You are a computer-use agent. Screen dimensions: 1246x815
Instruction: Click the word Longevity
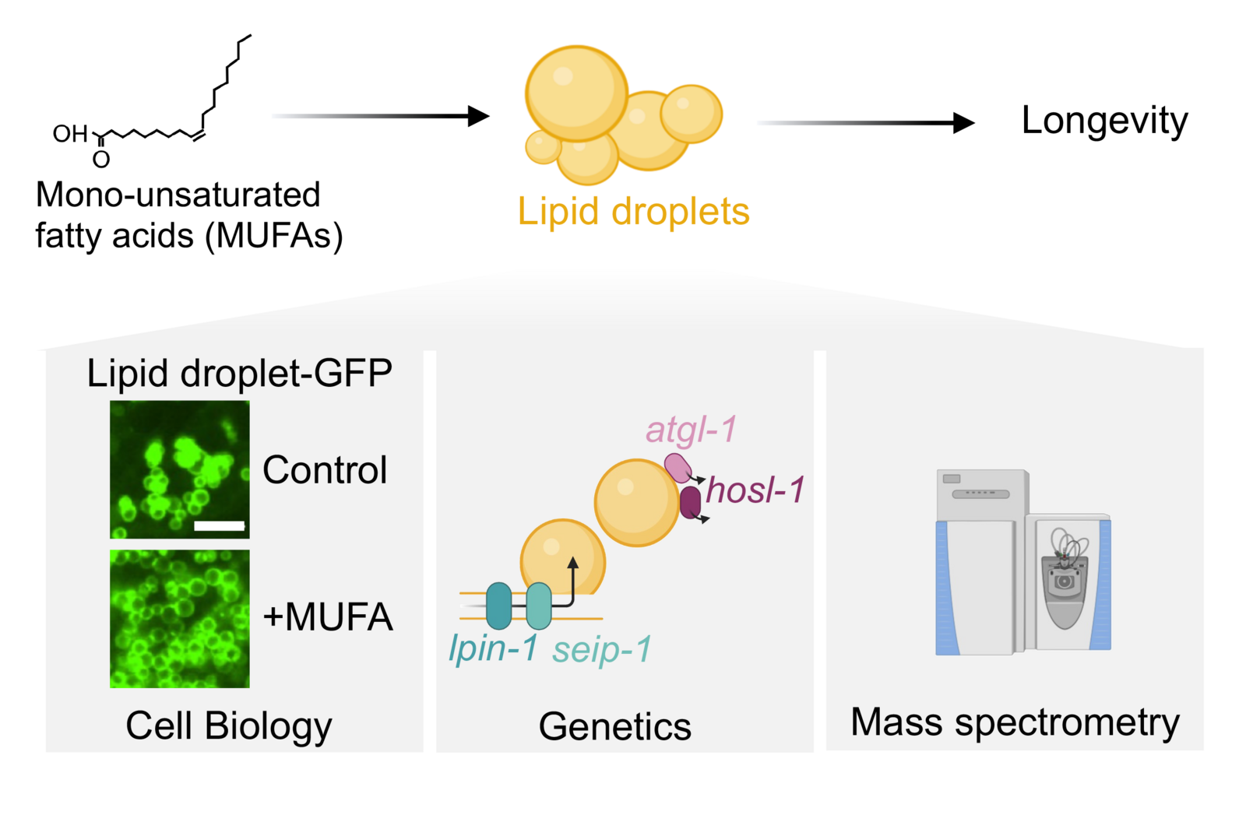point(1105,121)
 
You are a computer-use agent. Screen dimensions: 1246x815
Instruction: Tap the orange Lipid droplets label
point(634,212)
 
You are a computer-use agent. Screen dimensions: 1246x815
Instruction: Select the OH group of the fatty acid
point(70,133)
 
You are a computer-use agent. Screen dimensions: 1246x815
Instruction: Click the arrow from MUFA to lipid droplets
point(381,116)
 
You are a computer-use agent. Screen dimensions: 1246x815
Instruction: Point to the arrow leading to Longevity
point(866,123)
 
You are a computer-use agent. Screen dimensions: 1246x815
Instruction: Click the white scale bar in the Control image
point(219,526)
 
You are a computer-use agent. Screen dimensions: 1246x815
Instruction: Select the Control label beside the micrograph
point(325,469)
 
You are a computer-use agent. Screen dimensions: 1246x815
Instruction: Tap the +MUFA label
point(328,617)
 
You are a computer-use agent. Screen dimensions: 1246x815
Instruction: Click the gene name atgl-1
point(692,430)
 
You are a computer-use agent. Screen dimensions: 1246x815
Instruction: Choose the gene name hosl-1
point(755,490)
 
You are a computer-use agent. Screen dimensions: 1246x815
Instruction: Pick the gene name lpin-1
point(494,648)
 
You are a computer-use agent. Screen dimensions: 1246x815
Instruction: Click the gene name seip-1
point(602,649)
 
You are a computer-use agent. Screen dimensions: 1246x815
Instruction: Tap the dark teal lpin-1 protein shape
point(499,606)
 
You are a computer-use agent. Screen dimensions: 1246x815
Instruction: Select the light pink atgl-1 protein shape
point(678,468)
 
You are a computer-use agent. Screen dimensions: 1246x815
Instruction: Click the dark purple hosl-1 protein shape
point(690,503)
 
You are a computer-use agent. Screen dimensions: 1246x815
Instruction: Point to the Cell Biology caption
point(229,726)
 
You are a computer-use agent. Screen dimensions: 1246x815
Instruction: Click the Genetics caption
point(615,726)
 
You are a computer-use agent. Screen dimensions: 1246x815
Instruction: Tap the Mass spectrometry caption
point(1015,722)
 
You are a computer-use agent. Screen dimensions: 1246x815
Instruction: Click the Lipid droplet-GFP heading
point(240,373)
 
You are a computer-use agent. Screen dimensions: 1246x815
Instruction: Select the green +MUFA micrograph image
point(180,619)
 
